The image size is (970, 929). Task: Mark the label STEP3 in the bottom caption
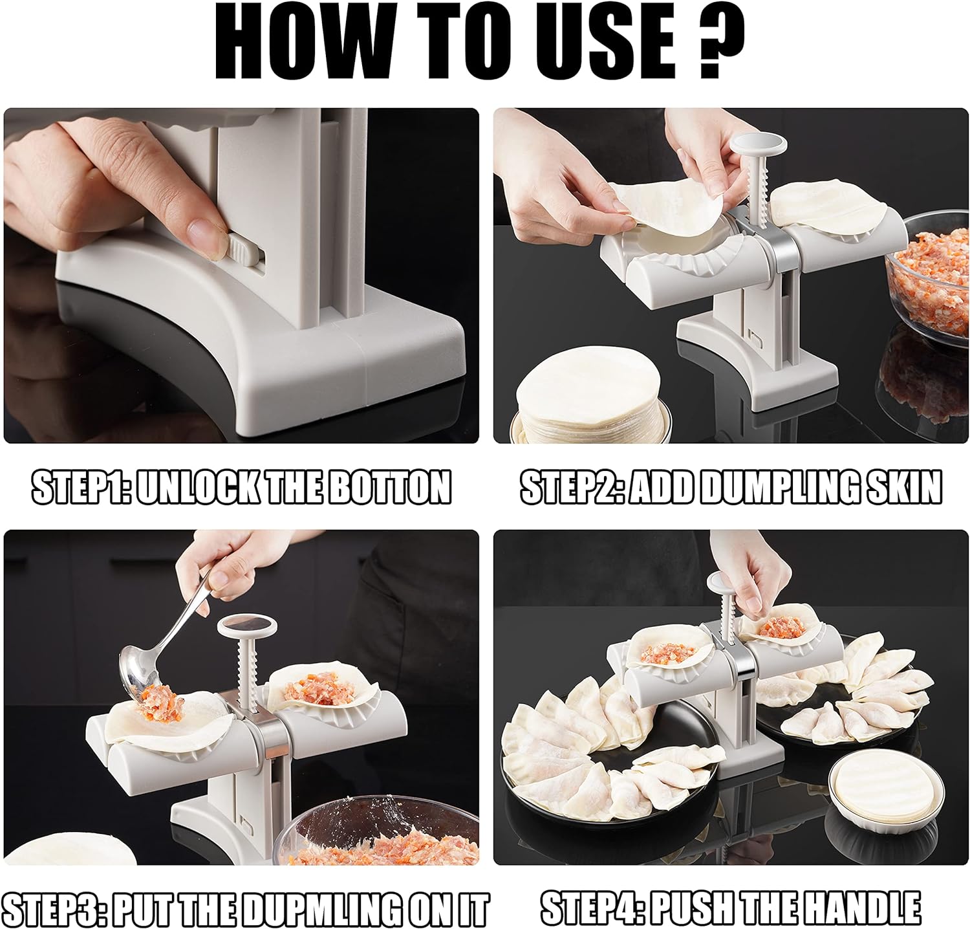(x=52, y=910)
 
